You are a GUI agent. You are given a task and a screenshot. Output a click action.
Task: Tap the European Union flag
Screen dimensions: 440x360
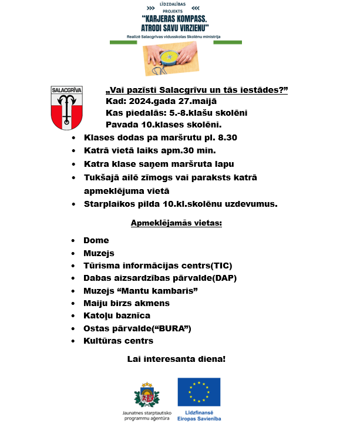199,392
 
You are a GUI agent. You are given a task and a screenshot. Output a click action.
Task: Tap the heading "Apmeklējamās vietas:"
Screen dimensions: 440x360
176,224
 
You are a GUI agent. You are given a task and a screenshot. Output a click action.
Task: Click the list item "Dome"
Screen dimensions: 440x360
96,240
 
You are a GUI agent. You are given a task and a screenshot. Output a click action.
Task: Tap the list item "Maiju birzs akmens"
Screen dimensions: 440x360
126,303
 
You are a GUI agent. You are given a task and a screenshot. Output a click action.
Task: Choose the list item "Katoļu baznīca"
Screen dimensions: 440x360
117,316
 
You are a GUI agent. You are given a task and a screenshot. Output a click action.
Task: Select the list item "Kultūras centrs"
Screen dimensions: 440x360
118,341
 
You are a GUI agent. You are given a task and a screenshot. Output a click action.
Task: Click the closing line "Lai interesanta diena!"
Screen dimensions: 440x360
177,358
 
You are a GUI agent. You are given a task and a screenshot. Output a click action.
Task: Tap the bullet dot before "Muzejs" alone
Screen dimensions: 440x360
73,253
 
